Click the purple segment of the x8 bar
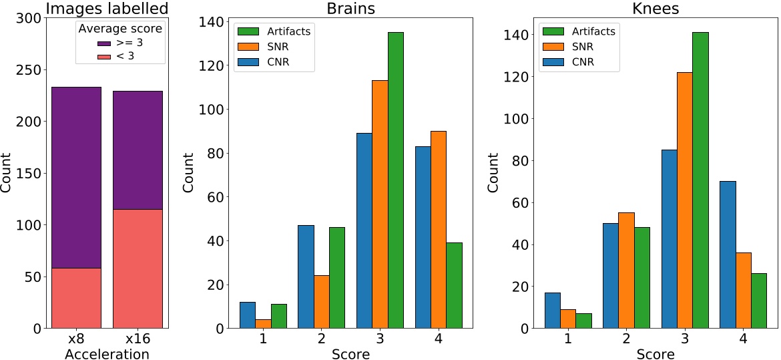coord(76,178)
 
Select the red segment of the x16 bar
coord(138,268)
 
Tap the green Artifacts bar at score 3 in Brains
coord(395,180)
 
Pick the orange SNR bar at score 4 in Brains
coord(438,230)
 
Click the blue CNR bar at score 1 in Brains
coord(247,315)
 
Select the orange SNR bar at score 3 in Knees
coord(685,200)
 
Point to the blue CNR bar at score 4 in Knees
coord(728,255)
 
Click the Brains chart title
coord(350,9)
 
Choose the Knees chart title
coord(656,9)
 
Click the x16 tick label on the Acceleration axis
coord(138,340)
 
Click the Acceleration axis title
coord(107,353)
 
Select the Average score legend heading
coord(120,29)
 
